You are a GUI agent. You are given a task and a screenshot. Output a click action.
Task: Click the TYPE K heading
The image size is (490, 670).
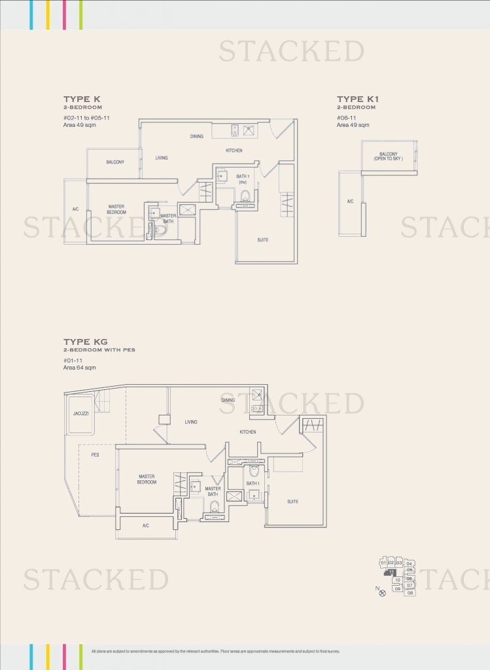click(x=82, y=99)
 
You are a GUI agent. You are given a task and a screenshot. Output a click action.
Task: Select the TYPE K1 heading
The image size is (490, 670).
click(x=358, y=99)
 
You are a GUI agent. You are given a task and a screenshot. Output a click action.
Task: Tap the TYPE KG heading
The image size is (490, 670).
click(x=85, y=342)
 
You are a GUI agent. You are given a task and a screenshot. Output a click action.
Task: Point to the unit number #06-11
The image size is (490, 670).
click(x=346, y=118)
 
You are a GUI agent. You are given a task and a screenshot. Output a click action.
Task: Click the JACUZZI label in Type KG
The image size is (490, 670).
click(x=80, y=414)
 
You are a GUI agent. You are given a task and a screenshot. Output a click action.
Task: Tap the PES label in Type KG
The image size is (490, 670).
click(x=96, y=454)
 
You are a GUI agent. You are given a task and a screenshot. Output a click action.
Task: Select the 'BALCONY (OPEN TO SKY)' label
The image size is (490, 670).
click(x=388, y=157)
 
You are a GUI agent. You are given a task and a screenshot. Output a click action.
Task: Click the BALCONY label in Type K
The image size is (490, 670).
click(x=115, y=162)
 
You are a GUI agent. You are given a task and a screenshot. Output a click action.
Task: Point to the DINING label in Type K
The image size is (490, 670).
click(x=196, y=136)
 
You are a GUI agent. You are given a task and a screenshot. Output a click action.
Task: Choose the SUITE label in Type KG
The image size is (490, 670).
click(x=292, y=501)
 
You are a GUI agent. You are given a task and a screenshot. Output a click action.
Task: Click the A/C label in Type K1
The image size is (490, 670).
click(x=350, y=202)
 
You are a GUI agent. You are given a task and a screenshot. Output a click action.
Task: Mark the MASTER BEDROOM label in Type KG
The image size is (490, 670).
click(x=147, y=479)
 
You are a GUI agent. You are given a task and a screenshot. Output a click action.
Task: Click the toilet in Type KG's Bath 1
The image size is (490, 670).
click(x=254, y=470)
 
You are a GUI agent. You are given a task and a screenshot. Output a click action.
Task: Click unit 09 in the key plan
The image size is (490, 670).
click(x=397, y=588)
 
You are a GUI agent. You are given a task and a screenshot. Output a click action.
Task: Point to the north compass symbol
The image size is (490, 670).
click(x=382, y=592)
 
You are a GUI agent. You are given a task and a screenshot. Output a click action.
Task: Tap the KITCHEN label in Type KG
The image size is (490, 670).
click(x=247, y=432)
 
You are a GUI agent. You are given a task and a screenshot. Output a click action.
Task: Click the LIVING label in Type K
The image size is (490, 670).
click(x=162, y=158)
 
